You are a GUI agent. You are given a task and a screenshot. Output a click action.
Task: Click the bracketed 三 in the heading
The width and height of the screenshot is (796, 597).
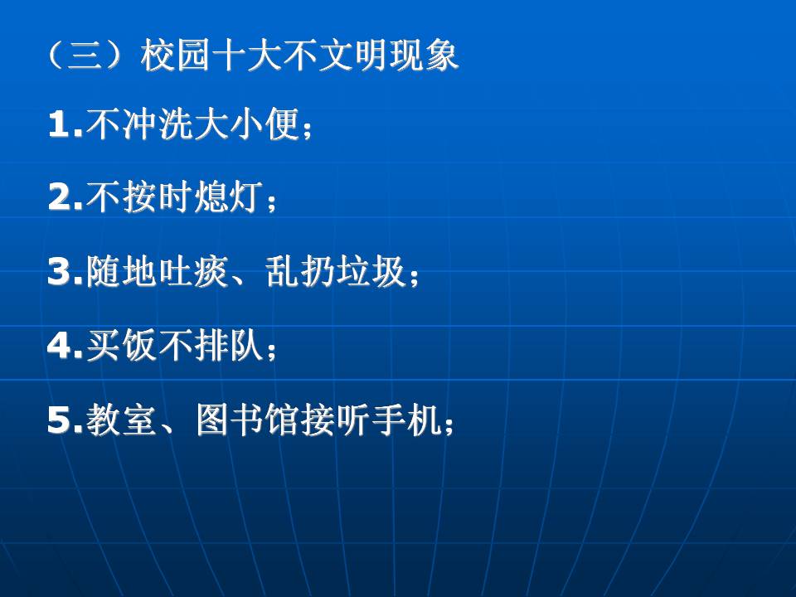[85, 55]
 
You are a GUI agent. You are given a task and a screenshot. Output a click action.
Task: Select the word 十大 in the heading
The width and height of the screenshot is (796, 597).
[245, 55]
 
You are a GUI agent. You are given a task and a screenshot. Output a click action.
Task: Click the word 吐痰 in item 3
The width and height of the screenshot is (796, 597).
[193, 272]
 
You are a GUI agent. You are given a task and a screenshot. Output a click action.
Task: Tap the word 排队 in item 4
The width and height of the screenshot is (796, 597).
[229, 345]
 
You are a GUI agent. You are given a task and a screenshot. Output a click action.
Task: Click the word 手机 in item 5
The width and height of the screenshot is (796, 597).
[405, 420]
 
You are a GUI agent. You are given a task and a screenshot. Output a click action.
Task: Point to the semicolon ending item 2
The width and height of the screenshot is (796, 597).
[271, 202]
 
